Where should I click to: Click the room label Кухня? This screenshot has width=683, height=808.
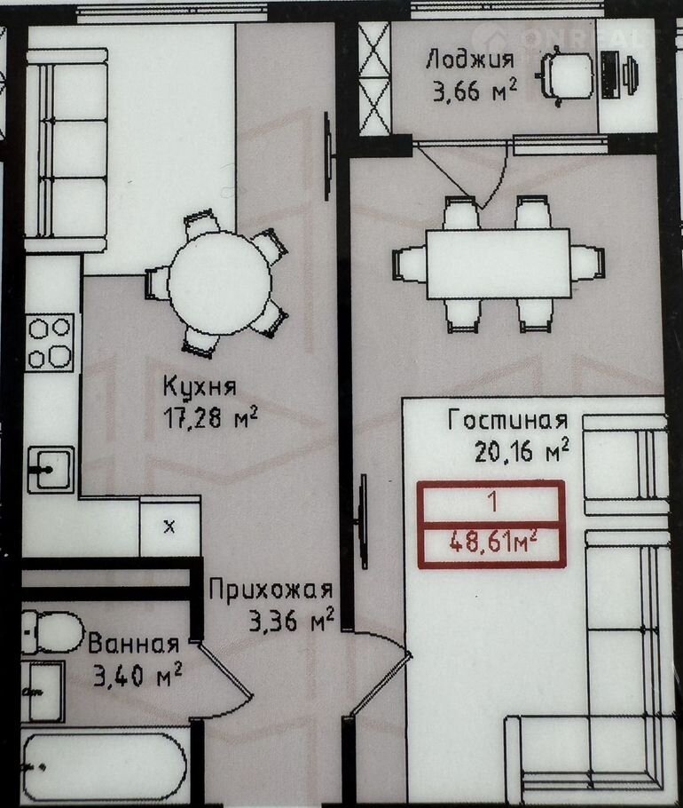click(200, 386)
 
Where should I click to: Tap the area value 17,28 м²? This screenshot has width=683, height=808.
click(210, 417)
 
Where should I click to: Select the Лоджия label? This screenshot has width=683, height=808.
click(470, 59)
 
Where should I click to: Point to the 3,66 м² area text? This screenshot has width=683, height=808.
click(475, 91)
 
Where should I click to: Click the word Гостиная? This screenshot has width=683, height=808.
click(508, 420)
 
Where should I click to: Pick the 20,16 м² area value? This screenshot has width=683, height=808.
click(522, 451)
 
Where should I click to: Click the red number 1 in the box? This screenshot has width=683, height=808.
click(493, 502)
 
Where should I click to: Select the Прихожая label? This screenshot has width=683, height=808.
click(271, 590)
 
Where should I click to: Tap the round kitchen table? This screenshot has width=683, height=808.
click(220, 283)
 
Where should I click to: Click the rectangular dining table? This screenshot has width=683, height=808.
click(499, 264)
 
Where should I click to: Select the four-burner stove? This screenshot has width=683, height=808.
click(50, 343)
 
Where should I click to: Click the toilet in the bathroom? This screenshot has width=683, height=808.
click(52, 632)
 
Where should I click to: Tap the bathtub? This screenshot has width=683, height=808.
click(105, 767)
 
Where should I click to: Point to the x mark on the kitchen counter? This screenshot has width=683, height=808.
click(169, 527)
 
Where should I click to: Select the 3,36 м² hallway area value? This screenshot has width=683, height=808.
click(291, 622)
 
